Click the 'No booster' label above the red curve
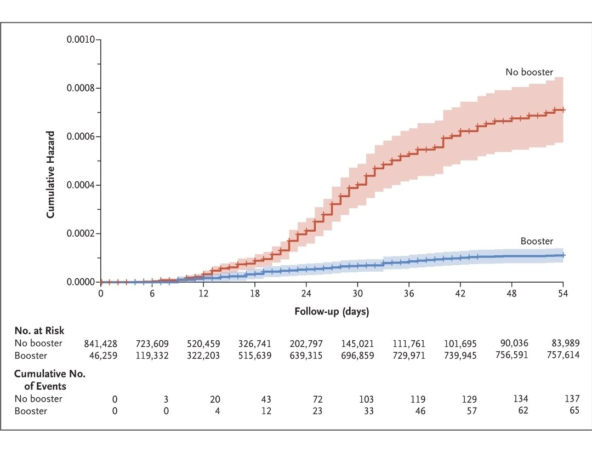[529, 72]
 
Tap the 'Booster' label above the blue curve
[537, 242]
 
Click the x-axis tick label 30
[357, 293]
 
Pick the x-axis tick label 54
[562, 293]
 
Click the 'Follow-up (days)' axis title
[332, 312]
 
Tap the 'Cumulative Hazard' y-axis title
[50, 174]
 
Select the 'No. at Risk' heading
[39, 330]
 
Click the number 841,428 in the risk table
[101, 344]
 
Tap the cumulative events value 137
[572, 399]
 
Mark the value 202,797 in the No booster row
[306, 344]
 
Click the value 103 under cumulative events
[367, 399]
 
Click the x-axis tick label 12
[203, 293]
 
